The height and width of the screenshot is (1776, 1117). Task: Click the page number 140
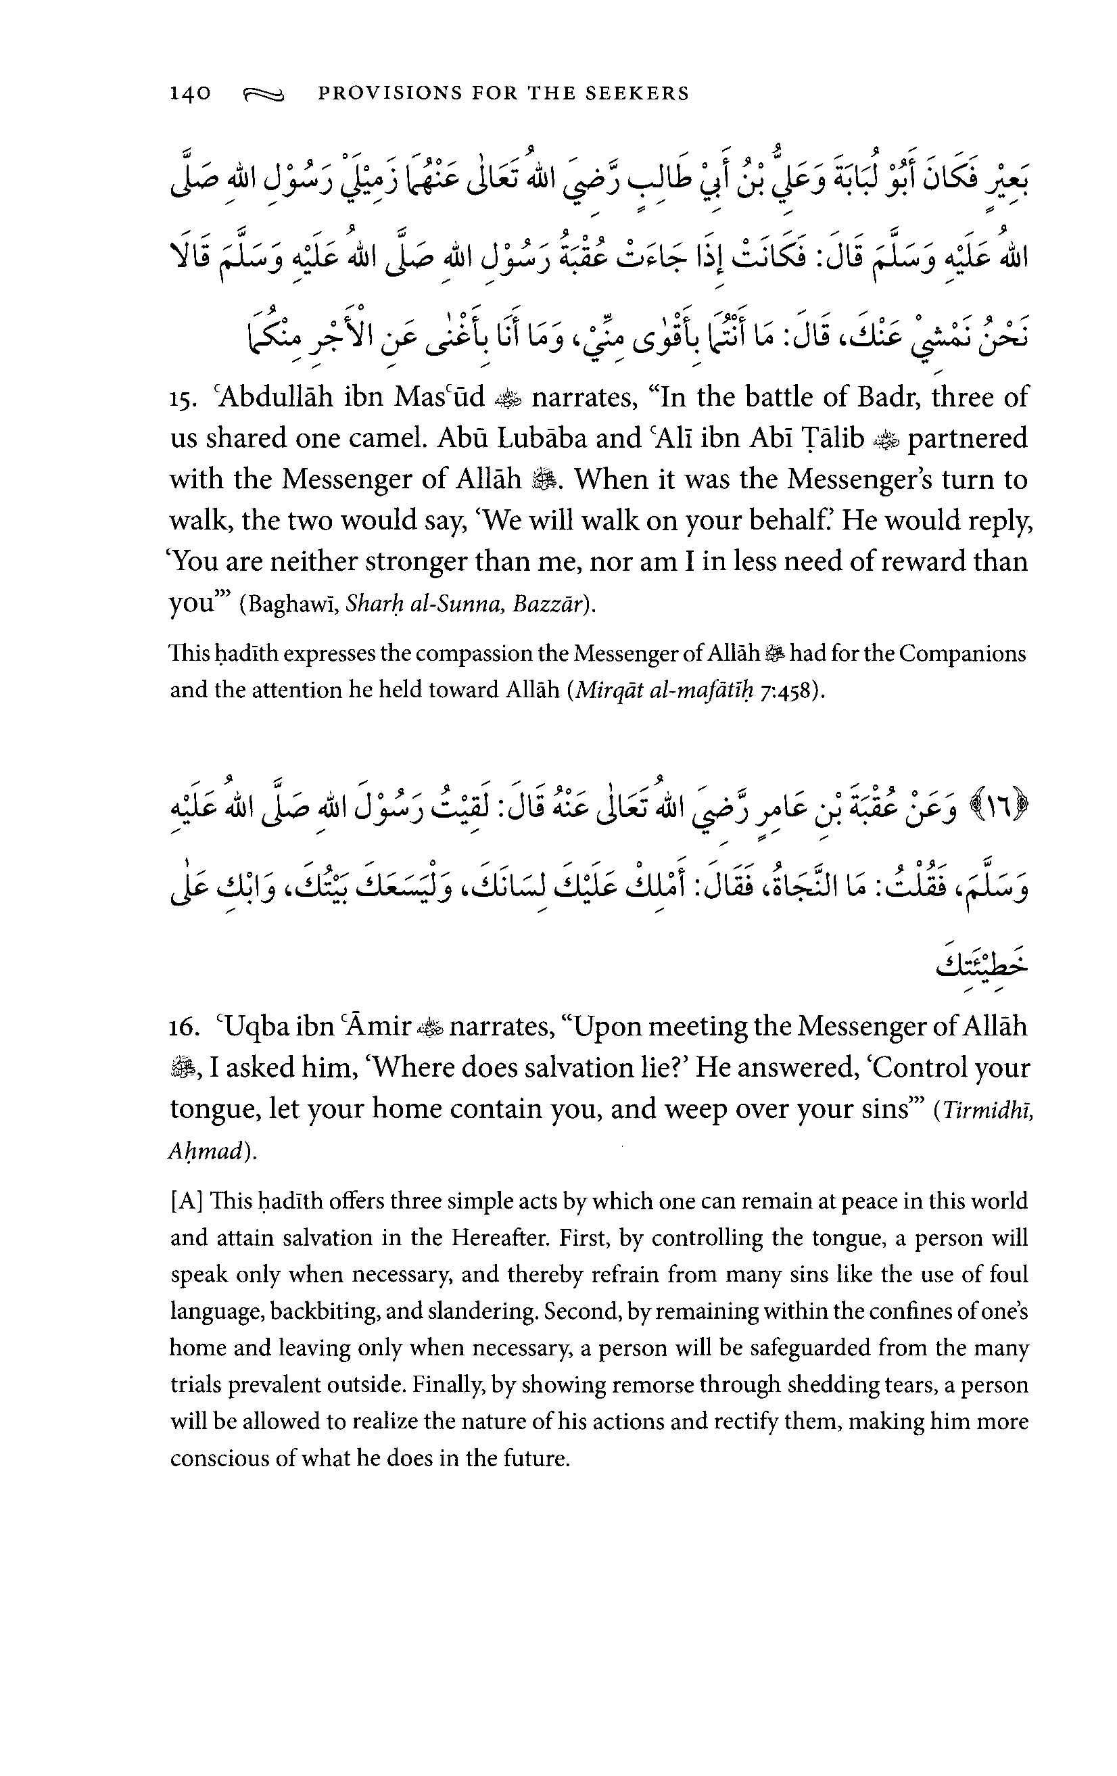point(190,93)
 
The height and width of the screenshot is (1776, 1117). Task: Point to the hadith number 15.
point(181,400)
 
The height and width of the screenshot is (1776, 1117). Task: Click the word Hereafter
point(500,1238)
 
